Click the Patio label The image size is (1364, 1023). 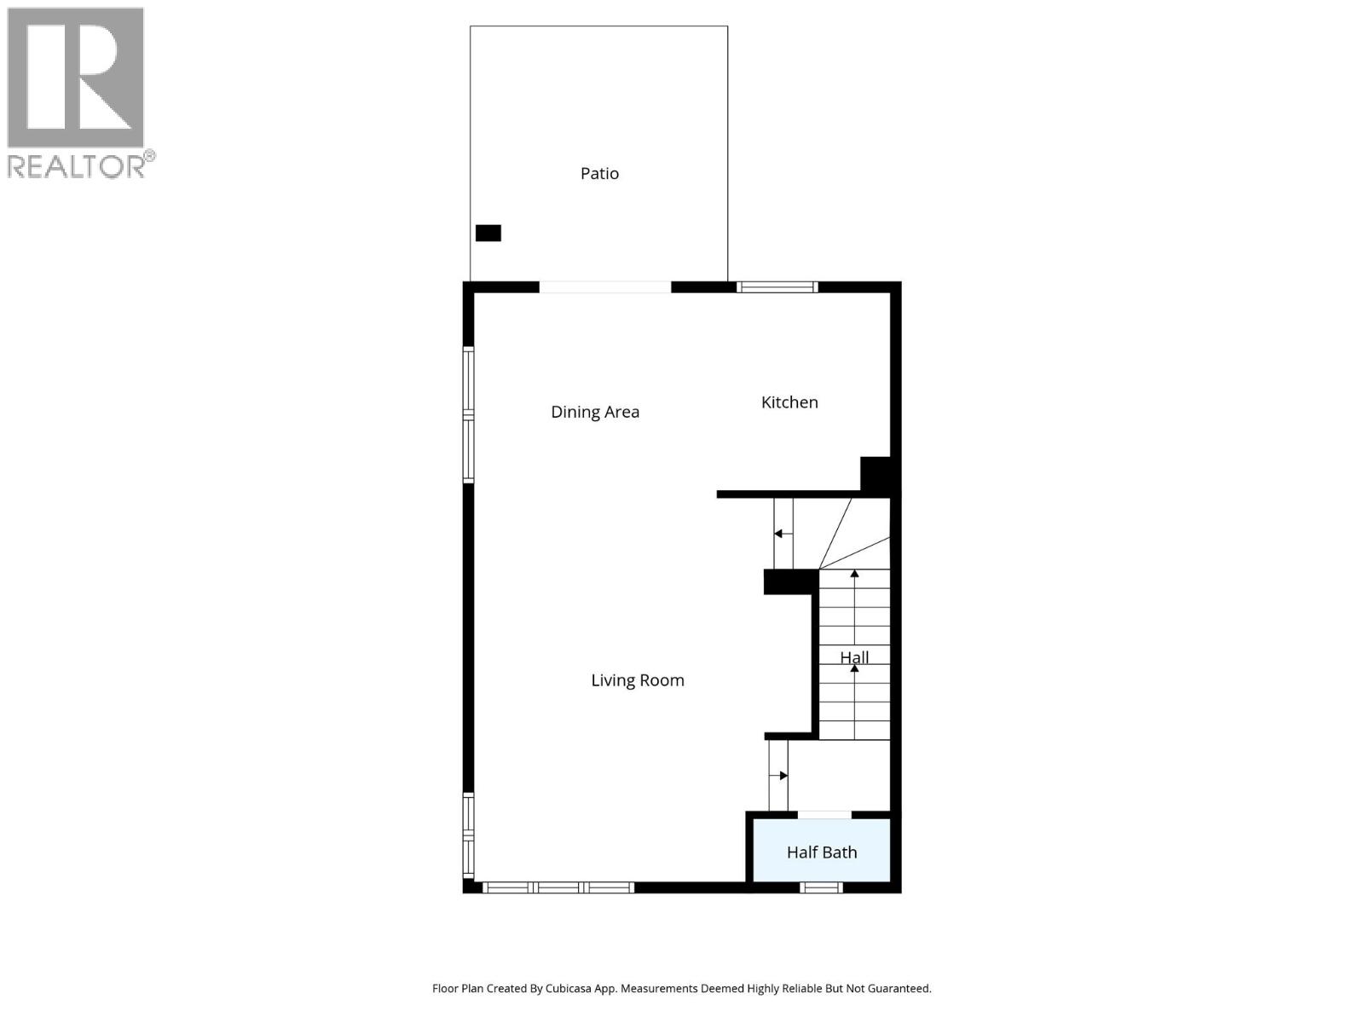(599, 173)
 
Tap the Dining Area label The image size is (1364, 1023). (595, 412)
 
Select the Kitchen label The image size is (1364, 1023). (789, 402)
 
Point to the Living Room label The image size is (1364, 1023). (638, 680)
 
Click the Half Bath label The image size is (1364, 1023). (822, 852)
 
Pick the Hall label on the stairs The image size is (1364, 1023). (854, 657)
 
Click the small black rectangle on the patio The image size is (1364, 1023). (488, 233)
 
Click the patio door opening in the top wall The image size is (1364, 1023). (605, 287)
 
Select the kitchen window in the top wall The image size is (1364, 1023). (777, 287)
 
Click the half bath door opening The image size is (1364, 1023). (824, 815)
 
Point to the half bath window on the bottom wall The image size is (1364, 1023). (822, 887)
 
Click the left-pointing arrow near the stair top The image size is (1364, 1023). (779, 534)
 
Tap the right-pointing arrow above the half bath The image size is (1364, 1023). (783, 776)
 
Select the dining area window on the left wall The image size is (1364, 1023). (468, 415)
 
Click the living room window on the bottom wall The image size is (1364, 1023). (558, 887)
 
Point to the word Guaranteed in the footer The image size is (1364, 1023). (900, 989)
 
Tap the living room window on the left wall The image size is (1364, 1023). (468, 835)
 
